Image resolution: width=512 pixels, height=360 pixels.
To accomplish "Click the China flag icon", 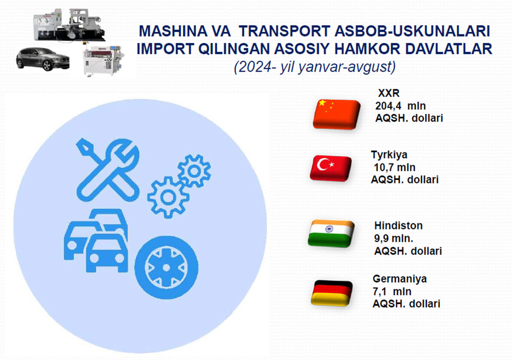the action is pyautogui.click(x=336, y=114).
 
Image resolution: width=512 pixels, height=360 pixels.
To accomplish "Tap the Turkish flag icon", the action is pyautogui.click(x=331, y=168).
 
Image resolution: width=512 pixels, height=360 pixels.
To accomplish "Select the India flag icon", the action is pyautogui.click(x=331, y=234).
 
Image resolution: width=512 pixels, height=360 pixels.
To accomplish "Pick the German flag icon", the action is pyautogui.click(x=332, y=293).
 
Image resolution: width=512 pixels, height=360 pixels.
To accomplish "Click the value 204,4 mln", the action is pyautogui.click(x=400, y=106).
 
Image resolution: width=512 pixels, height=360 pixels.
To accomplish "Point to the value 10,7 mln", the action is pyautogui.click(x=394, y=167).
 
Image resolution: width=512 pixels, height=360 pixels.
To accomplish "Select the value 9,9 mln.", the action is pyautogui.click(x=394, y=238).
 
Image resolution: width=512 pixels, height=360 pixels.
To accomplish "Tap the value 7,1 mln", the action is pyautogui.click(x=392, y=292).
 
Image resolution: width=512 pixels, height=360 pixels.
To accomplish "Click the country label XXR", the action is pyautogui.click(x=389, y=93).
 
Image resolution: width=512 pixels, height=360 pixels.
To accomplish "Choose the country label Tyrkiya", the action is pyautogui.click(x=389, y=155).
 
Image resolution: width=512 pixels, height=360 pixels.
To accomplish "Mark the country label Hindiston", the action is pyautogui.click(x=398, y=225).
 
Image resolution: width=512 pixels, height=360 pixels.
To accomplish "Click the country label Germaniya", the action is pyautogui.click(x=400, y=278).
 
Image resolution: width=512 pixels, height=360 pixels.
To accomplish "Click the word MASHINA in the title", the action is pyautogui.click(x=173, y=31).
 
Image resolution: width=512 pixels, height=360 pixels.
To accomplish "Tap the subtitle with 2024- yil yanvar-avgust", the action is pyautogui.click(x=315, y=67).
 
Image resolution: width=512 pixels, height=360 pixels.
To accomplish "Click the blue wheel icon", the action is pyautogui.click(x=166, y=268).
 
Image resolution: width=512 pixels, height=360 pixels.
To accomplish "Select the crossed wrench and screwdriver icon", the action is pyautogui.click(x=108, y=170).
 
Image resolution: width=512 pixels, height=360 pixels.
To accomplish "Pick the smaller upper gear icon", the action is pyautogui.click(x=194, y=171).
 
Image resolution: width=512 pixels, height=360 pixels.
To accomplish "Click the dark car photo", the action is pyautogui.click(x=43, y=59).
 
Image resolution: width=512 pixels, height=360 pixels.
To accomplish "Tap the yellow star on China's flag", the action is pyautogui.click(x=322, y=103).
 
